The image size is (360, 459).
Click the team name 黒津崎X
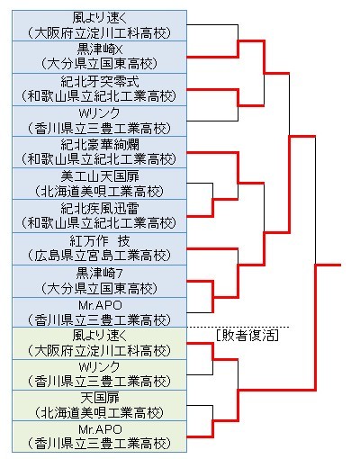click(x=99, y=49)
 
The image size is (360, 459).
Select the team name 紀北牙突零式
click(x=100, y=82)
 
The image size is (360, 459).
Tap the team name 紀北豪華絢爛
click(x=100, y=144)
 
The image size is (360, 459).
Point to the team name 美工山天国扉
click(x=100, y=176)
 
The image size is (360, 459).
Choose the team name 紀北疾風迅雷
click(x=100, y=209)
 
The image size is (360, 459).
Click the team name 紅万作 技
click(x=100, y=241)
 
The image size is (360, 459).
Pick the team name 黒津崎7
click(x=99, y=273)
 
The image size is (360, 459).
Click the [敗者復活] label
click(x=247, y=336)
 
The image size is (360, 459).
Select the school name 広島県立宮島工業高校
click(x=99, y=256)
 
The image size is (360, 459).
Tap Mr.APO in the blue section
click(x=100, y=305)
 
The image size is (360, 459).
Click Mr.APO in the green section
click(x=100, y=429)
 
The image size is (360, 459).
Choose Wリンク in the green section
click(x=99, y=366)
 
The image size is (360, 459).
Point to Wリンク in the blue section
click(x=99, y=113)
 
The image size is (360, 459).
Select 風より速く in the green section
click(x=100, y=335)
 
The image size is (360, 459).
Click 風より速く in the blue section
click(x=100, y=18)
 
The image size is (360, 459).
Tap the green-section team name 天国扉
click(x=100, y=398)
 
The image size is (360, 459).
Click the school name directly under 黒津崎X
click(x=99, y=64)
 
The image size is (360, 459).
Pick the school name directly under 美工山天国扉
click(x=99, y=192)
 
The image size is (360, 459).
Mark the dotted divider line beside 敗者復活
click(x=238, y=327)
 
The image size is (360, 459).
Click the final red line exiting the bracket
click(x=328, y=265)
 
